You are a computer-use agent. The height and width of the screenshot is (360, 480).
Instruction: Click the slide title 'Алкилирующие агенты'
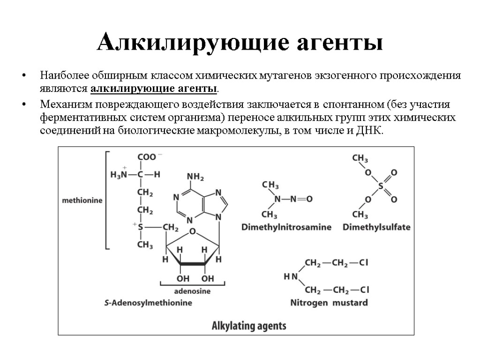coord(240,44)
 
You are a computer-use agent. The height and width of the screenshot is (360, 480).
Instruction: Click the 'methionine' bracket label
coord(82,200)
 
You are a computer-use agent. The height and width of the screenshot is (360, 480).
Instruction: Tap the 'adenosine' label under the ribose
coord(192,291)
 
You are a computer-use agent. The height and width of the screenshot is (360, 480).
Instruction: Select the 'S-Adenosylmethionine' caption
coord(148,303)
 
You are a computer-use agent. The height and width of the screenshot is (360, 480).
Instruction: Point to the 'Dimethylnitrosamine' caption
coord(286,227)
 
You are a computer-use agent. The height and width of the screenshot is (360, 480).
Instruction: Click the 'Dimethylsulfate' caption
coord(376,227)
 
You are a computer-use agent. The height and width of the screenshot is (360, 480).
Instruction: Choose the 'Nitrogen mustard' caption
coord(329,303)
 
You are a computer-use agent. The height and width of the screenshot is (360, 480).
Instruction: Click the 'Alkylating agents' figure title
coord(249,326)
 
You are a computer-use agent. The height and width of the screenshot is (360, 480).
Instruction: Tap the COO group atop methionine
coord(147,158)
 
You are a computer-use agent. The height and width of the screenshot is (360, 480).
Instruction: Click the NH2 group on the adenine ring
coord(195,177)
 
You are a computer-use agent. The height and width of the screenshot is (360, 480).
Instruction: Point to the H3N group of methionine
coord(119,174)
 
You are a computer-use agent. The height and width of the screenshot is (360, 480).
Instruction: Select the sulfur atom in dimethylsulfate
coord(381,186)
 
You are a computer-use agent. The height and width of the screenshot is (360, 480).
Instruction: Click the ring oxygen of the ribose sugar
coord(192,232)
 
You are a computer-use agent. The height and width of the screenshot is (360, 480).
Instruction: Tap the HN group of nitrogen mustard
coord(291,277)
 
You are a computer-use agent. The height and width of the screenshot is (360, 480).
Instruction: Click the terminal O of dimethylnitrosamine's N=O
coord(309,199)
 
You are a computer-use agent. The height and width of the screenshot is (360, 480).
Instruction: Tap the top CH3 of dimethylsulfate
coord(360,159)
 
